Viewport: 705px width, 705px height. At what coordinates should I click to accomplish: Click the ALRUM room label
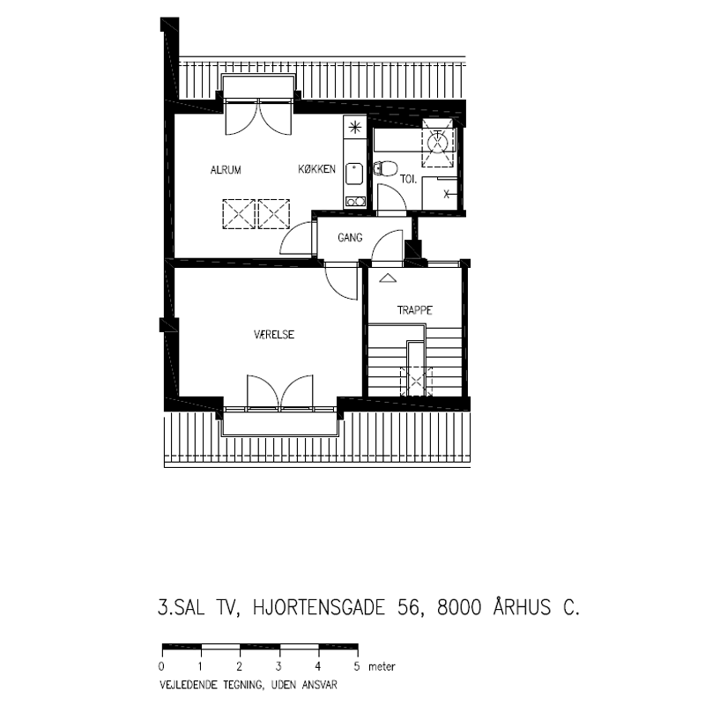[226, 170]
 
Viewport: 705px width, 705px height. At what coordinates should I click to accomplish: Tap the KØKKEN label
[317, 169]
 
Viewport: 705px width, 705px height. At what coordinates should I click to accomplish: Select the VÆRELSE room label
[274, 335]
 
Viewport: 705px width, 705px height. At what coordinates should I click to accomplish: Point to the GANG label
[350, 237]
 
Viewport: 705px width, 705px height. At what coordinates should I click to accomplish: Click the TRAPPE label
[414, 310]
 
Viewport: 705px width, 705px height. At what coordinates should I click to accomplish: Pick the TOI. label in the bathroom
[409, 180]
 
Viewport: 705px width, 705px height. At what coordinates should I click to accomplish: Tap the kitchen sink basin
[354, 174]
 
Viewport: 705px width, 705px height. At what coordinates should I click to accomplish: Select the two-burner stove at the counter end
[355, 202]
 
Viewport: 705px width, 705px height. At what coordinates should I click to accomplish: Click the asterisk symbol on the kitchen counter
[355, 128]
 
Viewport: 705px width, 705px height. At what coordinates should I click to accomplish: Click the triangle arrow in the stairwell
[388, 278]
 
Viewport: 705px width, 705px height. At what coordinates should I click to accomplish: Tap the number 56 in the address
[409, 607]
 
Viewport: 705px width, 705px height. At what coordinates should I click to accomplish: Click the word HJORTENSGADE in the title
[319, 607]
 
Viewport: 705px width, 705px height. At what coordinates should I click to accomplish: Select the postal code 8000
[459, 607]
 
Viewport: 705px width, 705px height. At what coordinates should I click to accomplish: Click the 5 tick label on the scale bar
[357, 666]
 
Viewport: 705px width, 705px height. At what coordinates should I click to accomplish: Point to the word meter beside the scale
[382, 666]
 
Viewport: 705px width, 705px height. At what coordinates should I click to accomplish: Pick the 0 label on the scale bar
[161, 666]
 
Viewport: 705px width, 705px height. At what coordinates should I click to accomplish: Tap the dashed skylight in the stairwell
[416, 382]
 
